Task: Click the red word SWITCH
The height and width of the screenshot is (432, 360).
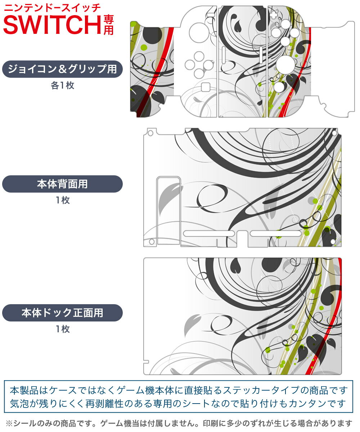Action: click(52, 24)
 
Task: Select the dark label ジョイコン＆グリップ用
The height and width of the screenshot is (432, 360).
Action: click(62, 69)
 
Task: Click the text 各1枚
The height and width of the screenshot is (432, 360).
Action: click(62, 86)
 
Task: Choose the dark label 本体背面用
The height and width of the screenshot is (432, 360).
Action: click(62, 184)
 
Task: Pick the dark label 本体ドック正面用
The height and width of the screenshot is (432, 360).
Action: click(62, 312)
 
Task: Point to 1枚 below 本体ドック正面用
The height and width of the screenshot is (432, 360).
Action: click(62, 329)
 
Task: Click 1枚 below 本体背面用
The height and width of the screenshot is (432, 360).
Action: click(62, 201)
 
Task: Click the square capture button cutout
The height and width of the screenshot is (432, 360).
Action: click(205, 87)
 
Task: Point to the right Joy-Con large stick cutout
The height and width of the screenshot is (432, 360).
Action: click(285, 64)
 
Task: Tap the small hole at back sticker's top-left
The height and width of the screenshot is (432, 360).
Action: click(150, 132)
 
